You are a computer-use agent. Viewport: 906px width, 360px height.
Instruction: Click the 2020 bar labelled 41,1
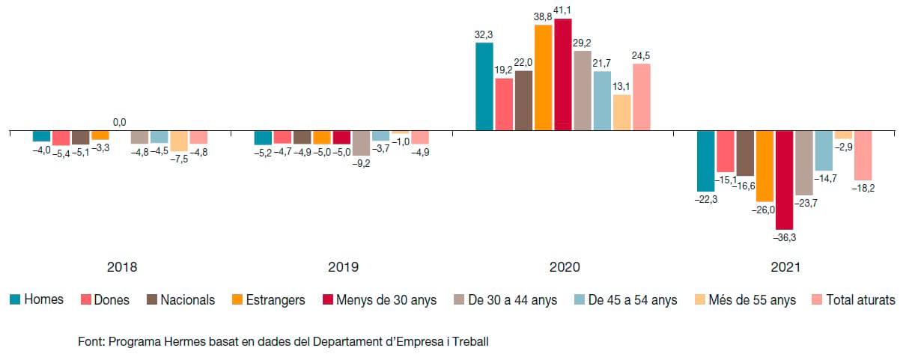coord(563,74)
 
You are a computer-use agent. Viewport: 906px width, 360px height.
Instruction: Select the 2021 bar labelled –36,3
coord(784,180)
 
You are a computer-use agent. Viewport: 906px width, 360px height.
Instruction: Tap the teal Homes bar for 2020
coord(484,87)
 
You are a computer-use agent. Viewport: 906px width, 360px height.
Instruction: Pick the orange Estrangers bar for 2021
coord(764,166)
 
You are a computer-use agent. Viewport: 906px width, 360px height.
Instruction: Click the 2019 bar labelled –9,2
coord(361,143)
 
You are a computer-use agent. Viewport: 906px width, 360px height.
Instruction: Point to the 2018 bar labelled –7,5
coord(179,141)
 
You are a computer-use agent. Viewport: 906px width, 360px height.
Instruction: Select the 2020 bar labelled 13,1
coord(622,113)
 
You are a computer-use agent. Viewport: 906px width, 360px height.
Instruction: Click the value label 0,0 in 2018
coord(119,122)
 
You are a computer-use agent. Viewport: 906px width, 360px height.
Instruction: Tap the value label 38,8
coord(543,17)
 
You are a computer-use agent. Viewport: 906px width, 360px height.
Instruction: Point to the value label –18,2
coord(863,188)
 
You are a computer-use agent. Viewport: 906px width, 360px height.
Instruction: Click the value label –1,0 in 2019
coord(401,141)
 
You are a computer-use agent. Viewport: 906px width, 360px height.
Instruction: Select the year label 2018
coord(122,267)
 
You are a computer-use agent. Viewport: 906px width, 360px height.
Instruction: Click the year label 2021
coord(785,267)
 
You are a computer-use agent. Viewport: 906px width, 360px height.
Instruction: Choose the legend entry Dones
coord(105,299)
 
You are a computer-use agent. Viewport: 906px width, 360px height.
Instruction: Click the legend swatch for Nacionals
coord(152,299)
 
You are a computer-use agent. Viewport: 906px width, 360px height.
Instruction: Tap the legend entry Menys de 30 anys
coord(380,299)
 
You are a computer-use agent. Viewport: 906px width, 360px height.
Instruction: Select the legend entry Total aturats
coord(854,299)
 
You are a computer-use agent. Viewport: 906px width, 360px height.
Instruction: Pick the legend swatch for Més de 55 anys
coord(700,299)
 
